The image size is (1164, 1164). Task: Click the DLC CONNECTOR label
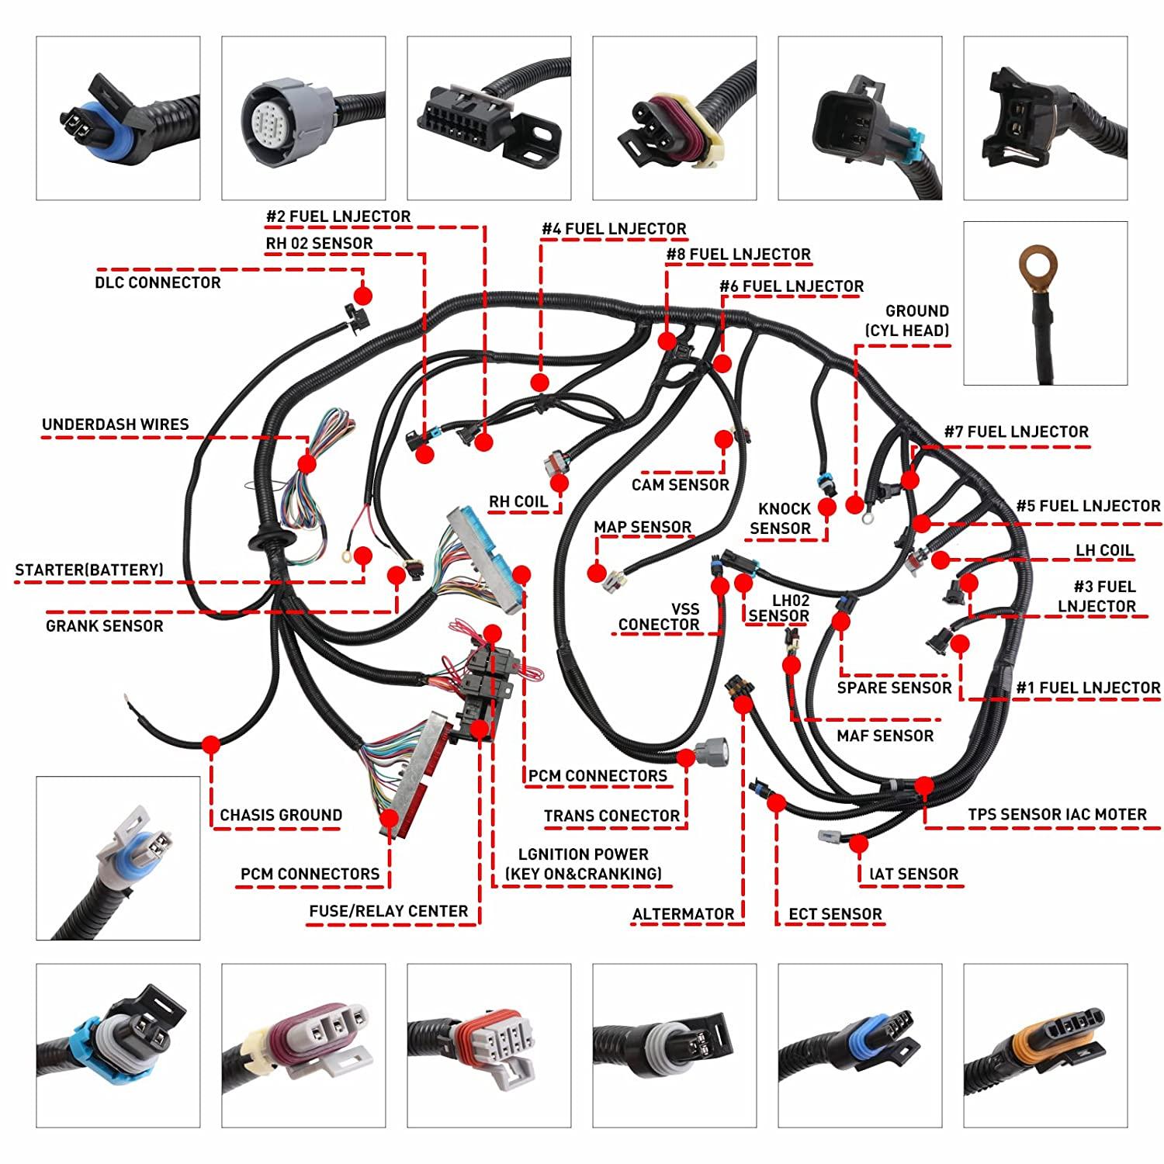(158, 282)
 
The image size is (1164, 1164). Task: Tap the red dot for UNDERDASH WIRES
(307, 463)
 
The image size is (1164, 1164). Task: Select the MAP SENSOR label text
(642, 528)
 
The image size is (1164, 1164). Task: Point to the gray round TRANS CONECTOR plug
(712, 751)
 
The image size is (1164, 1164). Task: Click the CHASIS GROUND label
(281, 815)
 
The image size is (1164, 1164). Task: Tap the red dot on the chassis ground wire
(210, 745)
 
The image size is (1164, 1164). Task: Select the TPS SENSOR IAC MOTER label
(1057, 815)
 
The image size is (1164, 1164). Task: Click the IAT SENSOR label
(913, 875)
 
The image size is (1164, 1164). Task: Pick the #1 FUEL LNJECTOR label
(1088, 688)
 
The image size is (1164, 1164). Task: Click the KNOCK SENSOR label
(782, 518)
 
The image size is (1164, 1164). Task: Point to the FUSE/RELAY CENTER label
(388, 911)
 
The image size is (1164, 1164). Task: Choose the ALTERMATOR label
(683, 914)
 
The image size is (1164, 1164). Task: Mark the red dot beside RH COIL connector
(559, 484)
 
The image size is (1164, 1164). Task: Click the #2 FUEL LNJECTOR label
(338, 217)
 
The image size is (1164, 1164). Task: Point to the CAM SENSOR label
(680, 485)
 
